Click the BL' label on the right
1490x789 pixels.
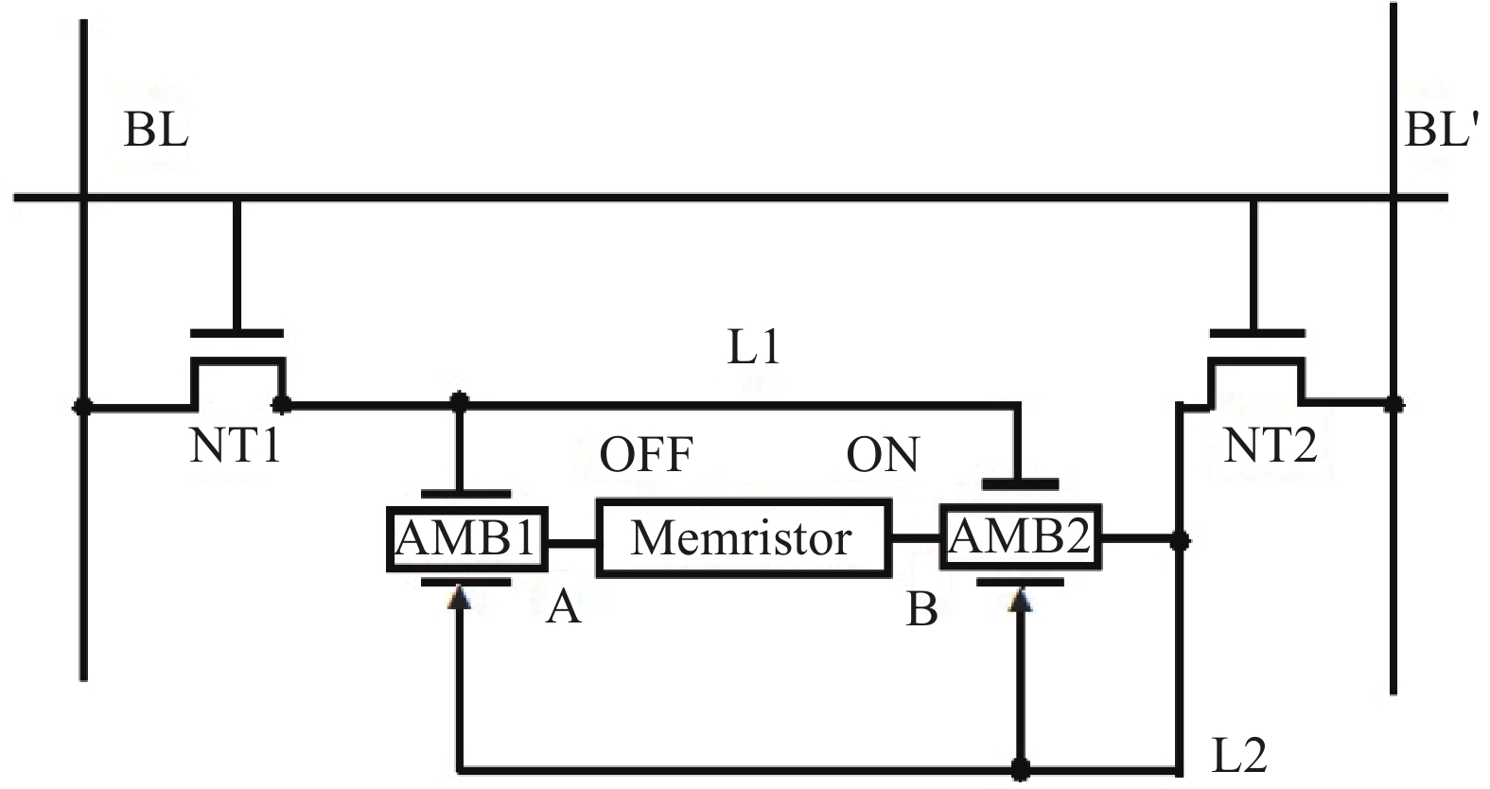point(1441,129)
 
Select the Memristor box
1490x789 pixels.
point(743,539)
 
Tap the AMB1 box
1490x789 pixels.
point(466,539)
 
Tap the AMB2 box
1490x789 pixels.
point(1020,537)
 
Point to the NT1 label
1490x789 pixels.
point(236,445)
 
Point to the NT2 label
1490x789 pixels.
point(1270,445)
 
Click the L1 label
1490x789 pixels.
point(754,348)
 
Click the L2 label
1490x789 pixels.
point(1239,755)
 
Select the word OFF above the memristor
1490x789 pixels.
point(646,455)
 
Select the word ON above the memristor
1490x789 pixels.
point(882,455)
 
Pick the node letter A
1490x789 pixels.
point(564,607)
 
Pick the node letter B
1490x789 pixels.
point(922,610)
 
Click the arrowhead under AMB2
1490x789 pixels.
point(1020,599)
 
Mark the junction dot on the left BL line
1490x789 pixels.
point(83,407)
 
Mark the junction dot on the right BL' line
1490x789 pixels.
point(1393,405)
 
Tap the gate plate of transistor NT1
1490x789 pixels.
point(237,333)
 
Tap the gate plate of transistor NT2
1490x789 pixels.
point(1256,333)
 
